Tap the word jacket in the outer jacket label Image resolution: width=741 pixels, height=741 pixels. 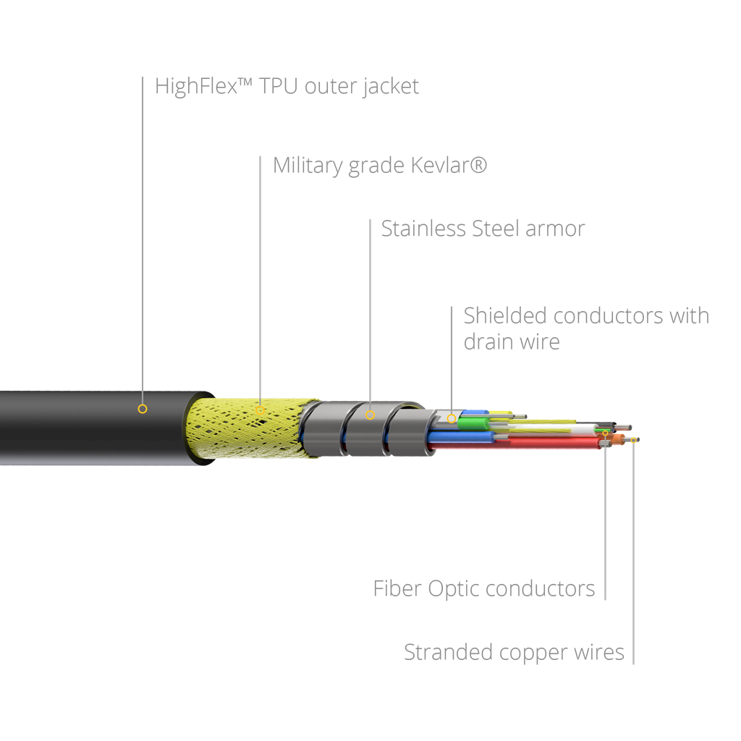391,87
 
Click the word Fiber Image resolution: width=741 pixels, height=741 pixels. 397,589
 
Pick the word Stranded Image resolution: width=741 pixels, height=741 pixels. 448,652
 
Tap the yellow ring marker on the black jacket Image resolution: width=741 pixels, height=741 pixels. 143,409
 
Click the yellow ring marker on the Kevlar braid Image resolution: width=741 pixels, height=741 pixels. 260,410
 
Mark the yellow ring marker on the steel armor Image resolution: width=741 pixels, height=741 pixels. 370,415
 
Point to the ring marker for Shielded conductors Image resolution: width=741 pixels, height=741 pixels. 452,418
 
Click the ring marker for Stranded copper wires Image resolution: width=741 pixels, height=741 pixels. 633,440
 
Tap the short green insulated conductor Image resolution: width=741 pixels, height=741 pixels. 473,423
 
